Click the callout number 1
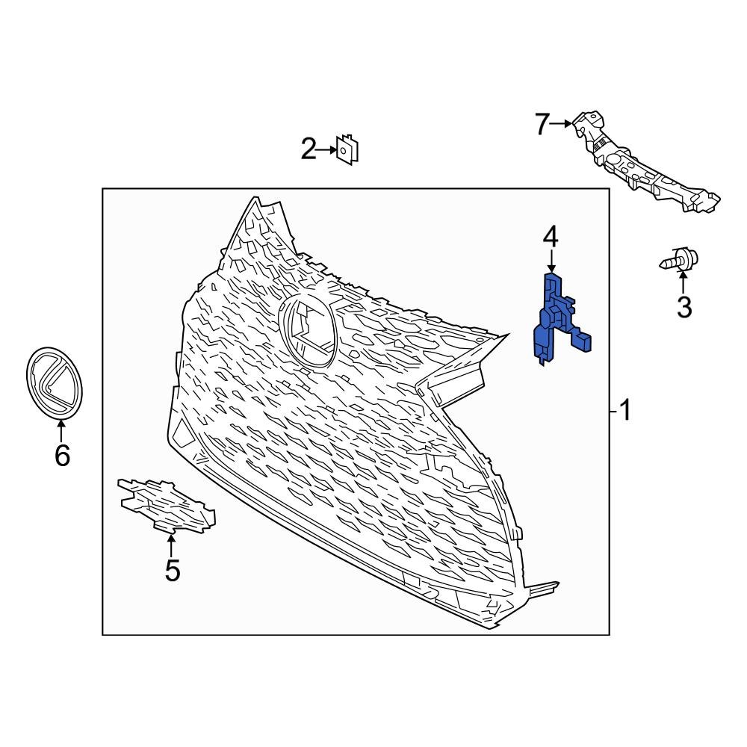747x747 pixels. tap(624, 410)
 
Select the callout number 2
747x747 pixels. tap(309, 149)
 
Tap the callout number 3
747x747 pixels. tap(684, 306)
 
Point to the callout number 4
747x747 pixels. tap(551, 238)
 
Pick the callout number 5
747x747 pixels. tap(173, 571)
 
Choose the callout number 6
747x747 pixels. tap(62, 454)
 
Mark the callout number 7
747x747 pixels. tap(542, 124)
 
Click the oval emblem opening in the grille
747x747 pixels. tap(308, 329)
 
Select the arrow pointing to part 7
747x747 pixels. tap(562, 124)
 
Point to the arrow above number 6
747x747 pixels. tap(61, 430)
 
